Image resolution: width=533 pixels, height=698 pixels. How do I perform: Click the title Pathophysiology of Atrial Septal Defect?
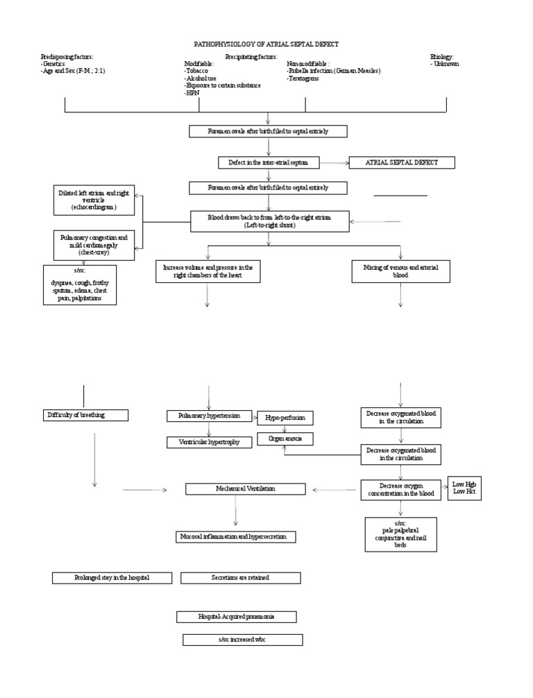(x=266, y=44)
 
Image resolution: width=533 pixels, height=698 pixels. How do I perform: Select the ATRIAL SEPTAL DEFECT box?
(x=402, y=162)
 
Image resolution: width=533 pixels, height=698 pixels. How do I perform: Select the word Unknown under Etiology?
(x=445, y=64)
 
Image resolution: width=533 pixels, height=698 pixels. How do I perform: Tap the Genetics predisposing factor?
(x=53, y=64)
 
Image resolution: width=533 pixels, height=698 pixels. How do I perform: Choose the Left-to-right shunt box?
(x=269, y=221)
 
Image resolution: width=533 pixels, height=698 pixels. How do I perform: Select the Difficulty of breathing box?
(x=85, y=415)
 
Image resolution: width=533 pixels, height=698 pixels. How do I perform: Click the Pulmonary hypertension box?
(x=209, y=416)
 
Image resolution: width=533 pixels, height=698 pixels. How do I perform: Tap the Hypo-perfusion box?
(x=285, y=418)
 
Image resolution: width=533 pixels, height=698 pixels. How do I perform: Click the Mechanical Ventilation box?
(x=245, y=489)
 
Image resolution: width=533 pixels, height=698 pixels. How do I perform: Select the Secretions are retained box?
(x=240, y=577)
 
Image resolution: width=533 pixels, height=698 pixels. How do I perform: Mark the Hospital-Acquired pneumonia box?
(x=237, y=617)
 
